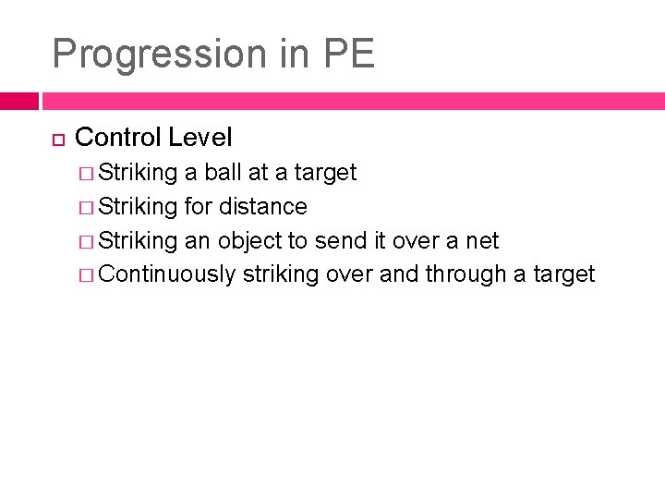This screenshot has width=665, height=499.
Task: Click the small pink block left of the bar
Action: [x=18, y=101]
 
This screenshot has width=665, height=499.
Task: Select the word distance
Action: [x=261, y=206]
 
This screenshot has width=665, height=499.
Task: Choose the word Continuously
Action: [x=166, y=274]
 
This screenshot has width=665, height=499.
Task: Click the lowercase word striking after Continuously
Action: [x=281, y=274]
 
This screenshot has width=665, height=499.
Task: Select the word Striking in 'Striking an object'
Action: [x=138, y=240]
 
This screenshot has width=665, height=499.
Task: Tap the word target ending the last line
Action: [x=563, y=274]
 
